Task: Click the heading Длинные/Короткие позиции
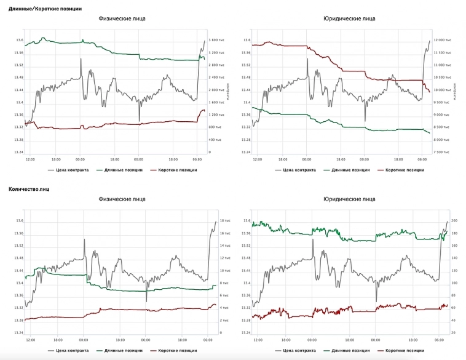coord(45,9)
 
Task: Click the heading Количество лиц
coord(29,190)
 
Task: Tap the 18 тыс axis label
coord(224,220)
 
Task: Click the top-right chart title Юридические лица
coord(349,18)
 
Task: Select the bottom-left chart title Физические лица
coord(123,199)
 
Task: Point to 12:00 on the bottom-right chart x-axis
coord(258,340)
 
